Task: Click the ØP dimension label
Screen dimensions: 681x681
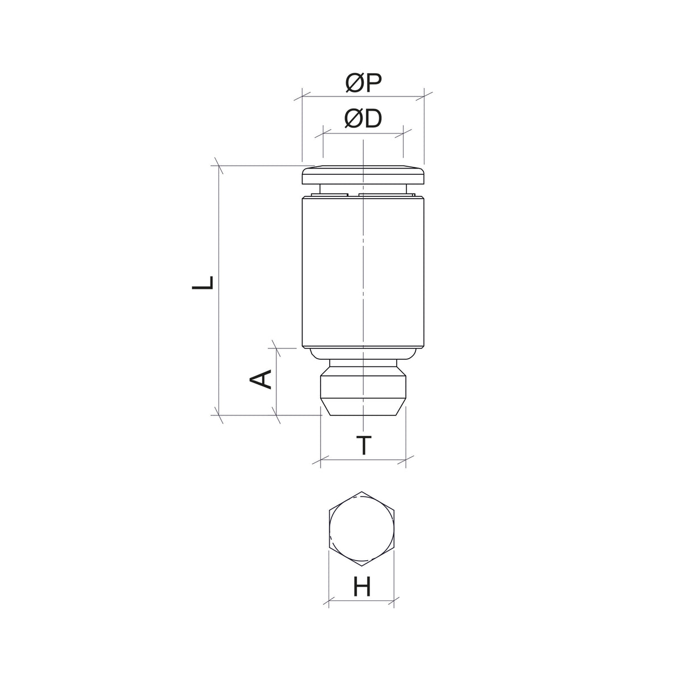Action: tap(364, 83)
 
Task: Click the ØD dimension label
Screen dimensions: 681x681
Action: tap(363, 119)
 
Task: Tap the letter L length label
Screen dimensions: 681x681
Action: tap(203, 283)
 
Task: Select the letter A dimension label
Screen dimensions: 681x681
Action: tap(260, 379)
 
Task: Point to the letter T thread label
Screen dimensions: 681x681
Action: tap(364, 445)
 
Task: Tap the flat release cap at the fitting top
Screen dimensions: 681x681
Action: tap(363, 175)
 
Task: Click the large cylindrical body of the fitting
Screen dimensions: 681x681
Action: tap(363, 272)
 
